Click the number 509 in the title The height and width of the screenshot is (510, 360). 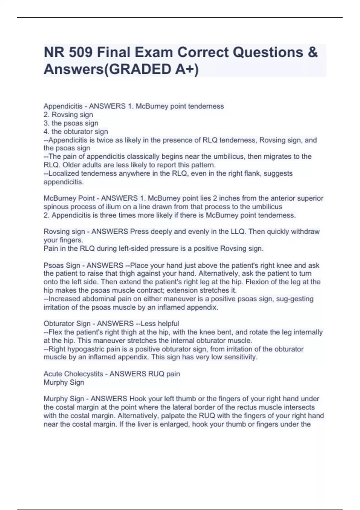[x=80, y=52]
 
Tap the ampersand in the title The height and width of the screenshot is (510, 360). [x=312, y=52]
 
